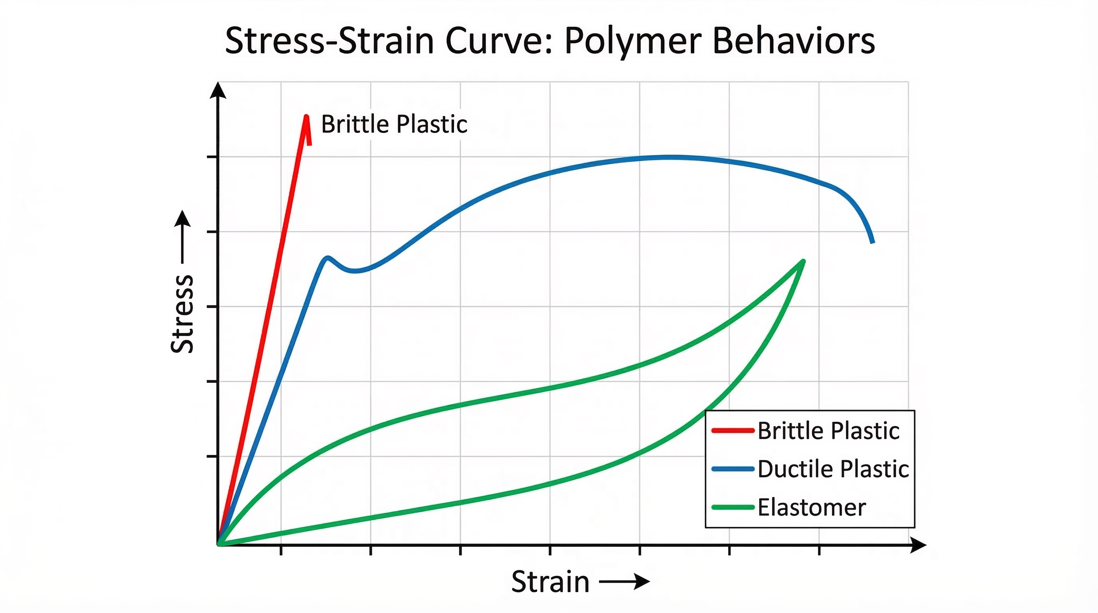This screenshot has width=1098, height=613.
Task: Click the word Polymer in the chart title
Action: tap(632, 42)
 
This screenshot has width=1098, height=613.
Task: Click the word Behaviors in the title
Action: tap(793, 41)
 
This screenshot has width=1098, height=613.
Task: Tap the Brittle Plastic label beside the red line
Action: tap(394, 125)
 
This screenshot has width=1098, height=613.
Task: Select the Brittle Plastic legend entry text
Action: tap(828, 431)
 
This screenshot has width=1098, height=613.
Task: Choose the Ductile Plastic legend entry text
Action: tap(833, 469)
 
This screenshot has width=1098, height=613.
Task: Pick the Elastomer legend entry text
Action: tap(812, 508)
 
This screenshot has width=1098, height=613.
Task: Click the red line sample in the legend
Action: tap(733, 431)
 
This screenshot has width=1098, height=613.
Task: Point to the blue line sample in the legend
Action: tap(733, 469)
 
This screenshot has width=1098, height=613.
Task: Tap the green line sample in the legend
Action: tap(733, 507)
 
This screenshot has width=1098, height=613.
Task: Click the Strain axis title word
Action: tap(550, 582)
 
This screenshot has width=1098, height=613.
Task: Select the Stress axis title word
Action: tap(182, 314)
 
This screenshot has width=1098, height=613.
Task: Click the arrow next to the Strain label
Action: tap(624, 581)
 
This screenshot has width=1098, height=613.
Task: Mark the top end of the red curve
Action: tap(306, 117)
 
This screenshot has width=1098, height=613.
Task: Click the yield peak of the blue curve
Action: tap(327, 257)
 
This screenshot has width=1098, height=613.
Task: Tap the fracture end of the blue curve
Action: tap(873, 242)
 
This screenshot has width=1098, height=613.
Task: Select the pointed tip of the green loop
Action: tap(804, 261)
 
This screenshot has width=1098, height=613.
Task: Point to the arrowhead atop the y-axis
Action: tap(218, 90)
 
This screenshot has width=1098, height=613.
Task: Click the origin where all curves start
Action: tap(219, 544)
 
